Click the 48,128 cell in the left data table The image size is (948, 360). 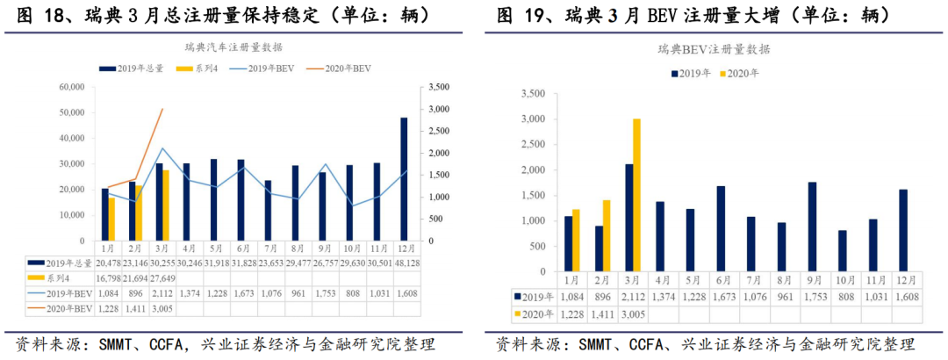(405, 262)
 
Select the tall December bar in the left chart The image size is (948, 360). (404, 179)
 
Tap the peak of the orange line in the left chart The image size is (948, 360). (162, 110)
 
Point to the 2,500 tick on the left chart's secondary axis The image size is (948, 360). (440, 131)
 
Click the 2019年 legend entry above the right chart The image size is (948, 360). (691, 74)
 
